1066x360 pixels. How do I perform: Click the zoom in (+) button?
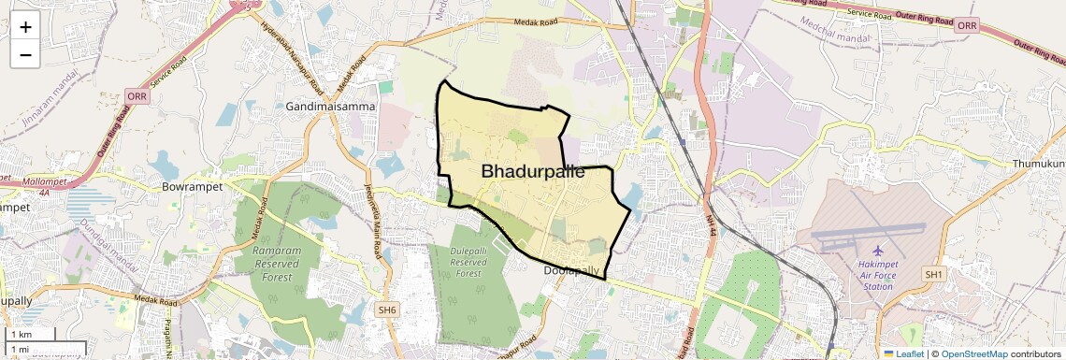point(25,27)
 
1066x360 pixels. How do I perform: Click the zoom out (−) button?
point(25,54)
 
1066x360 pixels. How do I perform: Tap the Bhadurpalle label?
point(533,172)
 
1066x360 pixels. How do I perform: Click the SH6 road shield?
point(386,310)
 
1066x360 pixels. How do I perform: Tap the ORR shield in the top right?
point(967,25)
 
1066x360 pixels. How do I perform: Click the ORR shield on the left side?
point(137,96)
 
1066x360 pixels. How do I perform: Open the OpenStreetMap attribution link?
point(974,353)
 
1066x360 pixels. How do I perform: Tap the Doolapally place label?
point(571,270)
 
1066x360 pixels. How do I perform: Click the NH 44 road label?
point(712,227)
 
